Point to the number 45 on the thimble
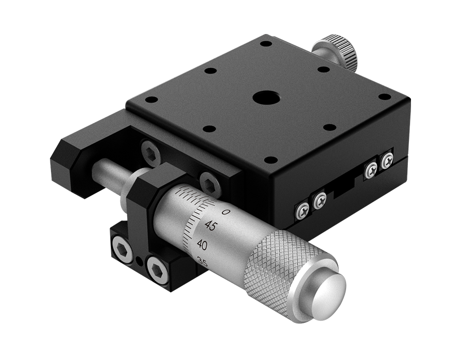click(x=211, y=226)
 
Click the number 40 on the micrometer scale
click(x=202, y=245)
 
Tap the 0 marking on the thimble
click(x=225, y=212)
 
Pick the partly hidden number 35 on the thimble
click(x=202, y=263)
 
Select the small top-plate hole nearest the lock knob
click(x=323, y=69)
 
